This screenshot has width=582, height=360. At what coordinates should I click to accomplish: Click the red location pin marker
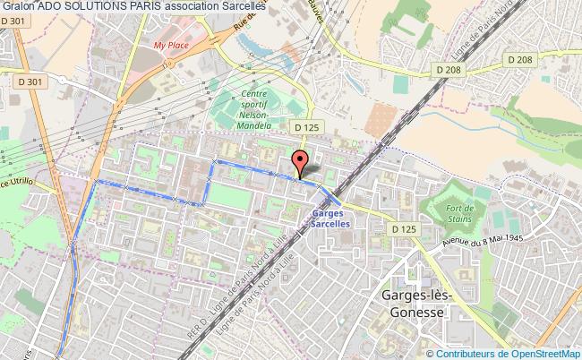click(302, 162)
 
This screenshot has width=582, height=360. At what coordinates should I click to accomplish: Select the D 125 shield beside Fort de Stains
click(405, 229)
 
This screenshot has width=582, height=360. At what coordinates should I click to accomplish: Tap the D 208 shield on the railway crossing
click(452, 68)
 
